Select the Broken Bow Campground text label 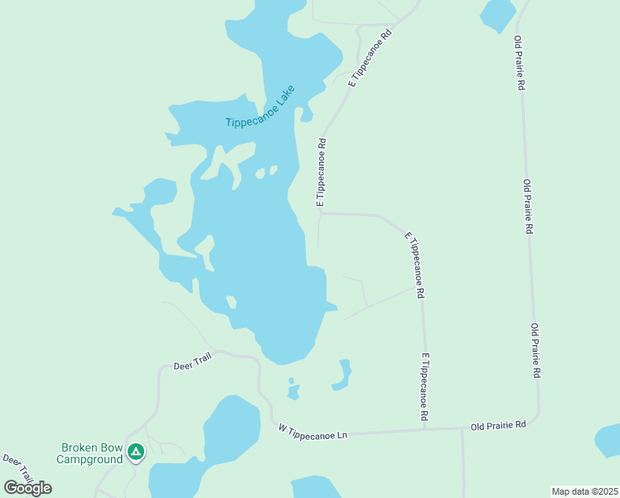coord(90,453)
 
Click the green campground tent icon coord(135,452)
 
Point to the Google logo coord(28,488)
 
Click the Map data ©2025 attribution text coord(584,491)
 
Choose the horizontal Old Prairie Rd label coord(497,425)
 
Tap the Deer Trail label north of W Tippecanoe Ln coord(193,364)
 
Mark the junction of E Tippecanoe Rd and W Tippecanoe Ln coord(424,429)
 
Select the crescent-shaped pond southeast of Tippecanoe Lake coord(342,375)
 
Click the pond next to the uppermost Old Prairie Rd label coord(497,14)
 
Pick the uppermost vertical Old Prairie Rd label coord(519,63)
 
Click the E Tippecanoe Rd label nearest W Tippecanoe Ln coord(424,385)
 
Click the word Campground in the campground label coord(90,459)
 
